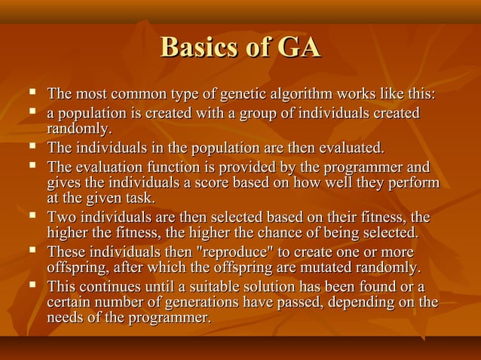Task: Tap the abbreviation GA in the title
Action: coord(299,47)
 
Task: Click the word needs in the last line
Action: coord(66,319)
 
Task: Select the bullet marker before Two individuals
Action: coord(32,217)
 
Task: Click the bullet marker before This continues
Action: coord(32,285)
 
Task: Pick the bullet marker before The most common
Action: coord(32,94)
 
